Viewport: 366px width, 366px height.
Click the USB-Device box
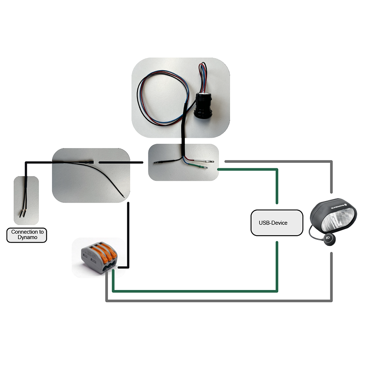277,223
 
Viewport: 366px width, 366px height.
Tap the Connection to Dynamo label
27,235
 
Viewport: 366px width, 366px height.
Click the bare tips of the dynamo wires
23,214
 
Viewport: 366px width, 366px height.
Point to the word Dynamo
27,238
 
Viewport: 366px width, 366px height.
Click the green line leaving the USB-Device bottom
277,265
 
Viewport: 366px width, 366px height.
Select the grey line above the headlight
331,177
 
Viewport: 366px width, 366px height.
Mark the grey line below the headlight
331,274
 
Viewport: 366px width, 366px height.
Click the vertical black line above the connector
128,232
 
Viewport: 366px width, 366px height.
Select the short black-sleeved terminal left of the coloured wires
160,163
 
